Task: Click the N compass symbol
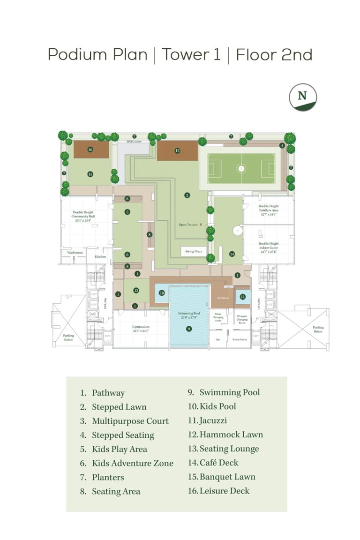302,97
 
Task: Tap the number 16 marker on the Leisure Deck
90,150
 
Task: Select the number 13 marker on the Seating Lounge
177,150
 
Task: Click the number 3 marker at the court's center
241,167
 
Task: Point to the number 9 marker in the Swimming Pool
189,329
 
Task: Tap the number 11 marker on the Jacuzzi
242,296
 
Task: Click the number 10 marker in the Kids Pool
161,293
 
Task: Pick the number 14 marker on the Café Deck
232,254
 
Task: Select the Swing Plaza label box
194,251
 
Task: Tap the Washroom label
75,253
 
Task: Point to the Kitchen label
101,256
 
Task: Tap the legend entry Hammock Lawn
231,435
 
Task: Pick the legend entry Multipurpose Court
130,421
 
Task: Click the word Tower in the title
186,55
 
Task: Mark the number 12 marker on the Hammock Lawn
136,290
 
